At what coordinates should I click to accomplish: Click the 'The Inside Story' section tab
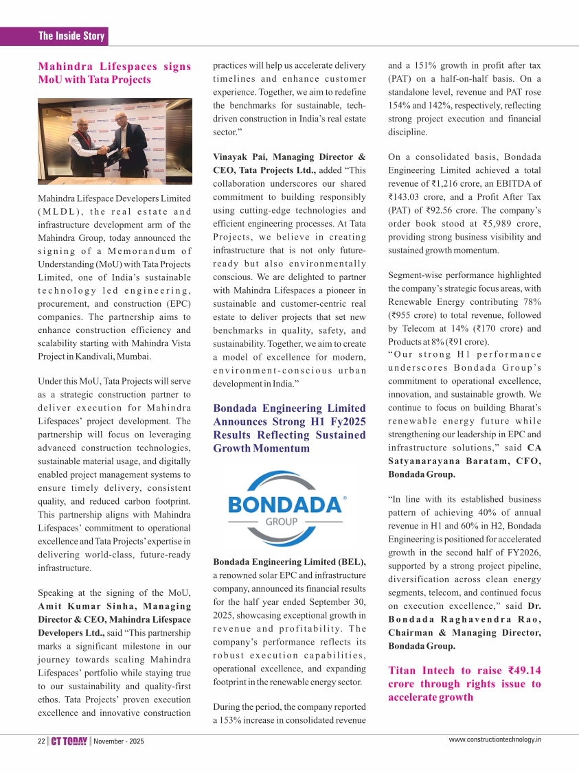click(x=71, y=36)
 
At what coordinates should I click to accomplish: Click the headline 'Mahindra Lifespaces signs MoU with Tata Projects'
click(x=114, y=73)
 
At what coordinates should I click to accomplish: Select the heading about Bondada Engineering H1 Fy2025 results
click(x=289, y=428)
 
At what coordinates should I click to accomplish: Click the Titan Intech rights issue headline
click(x=464, y=684)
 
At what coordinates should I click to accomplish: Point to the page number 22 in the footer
click(x=41, y=741)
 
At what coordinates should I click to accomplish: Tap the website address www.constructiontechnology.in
click(x=495, y=739)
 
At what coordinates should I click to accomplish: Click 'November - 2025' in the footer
click(x=119, y=741)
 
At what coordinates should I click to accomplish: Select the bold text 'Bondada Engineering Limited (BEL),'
click(x=289, y=562)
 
